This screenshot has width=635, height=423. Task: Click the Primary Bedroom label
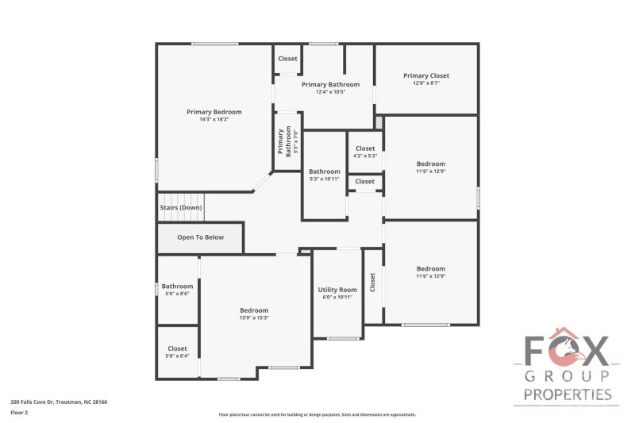tap(214, 112)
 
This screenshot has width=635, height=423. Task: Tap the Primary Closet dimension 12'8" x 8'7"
tap(426, 83)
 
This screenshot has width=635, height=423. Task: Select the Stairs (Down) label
tap(181, 208)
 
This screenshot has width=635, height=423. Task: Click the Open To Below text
tap(200, 237)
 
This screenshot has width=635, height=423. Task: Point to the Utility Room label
tap(337, 290)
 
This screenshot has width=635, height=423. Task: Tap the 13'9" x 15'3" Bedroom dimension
tap(254, 317)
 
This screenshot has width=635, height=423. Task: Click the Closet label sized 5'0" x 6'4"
tap(177, 348)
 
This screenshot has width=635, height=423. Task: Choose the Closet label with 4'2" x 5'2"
tap(365, 148)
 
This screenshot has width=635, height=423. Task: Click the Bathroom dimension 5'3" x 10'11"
tap(324, 179)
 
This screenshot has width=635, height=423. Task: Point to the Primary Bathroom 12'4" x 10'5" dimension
tap(330, 91)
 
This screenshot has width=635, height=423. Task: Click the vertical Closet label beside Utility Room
tap(372, 283)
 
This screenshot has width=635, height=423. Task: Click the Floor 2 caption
tap(18, 413)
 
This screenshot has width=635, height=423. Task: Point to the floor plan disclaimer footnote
tap(317, 414)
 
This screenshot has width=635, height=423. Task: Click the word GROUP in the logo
tap(566, 375)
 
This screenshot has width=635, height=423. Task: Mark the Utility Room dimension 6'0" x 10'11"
tap(337, 298)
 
